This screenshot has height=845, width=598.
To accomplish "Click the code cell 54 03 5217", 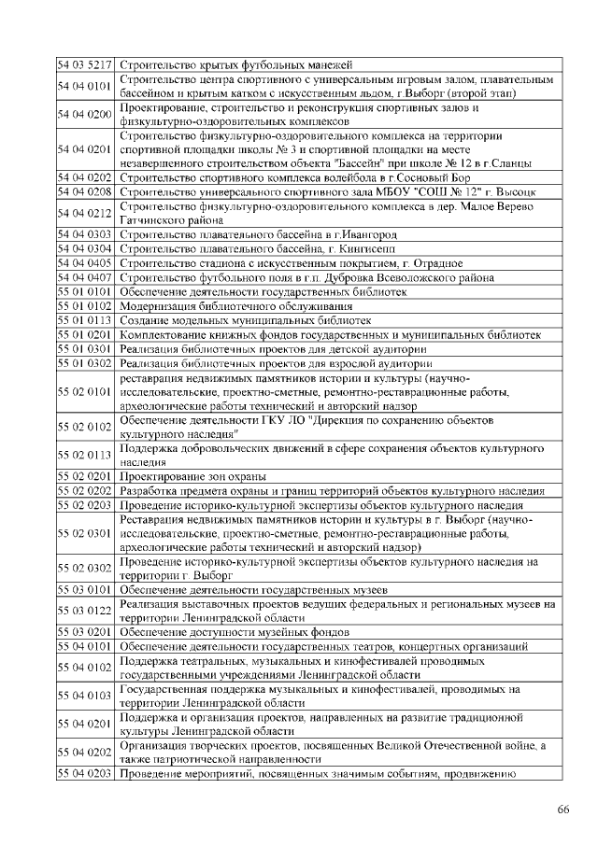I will pos(85,64).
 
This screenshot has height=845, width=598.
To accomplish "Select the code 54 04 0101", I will pos(85,86).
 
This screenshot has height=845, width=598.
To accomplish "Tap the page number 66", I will pos(562,809).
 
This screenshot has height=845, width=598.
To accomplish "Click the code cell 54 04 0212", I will pos(85,212).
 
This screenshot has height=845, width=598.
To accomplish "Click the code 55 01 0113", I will pos(85,319).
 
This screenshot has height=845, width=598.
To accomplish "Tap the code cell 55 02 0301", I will pos(85,533).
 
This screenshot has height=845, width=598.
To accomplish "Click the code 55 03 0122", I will pos(85,611).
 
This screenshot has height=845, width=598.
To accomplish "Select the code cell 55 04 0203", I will pos(85,774).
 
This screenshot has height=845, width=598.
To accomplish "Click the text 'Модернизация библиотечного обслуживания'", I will pos(235,305).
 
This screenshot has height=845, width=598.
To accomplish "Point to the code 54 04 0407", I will pos(85,277).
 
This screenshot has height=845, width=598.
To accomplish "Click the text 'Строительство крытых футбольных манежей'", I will pos(235,64).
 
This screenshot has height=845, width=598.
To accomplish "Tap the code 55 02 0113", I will pos(85,455).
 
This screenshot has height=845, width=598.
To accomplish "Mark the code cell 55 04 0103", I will pos(85,696).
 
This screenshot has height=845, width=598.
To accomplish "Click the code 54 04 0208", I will pos(85,191).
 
